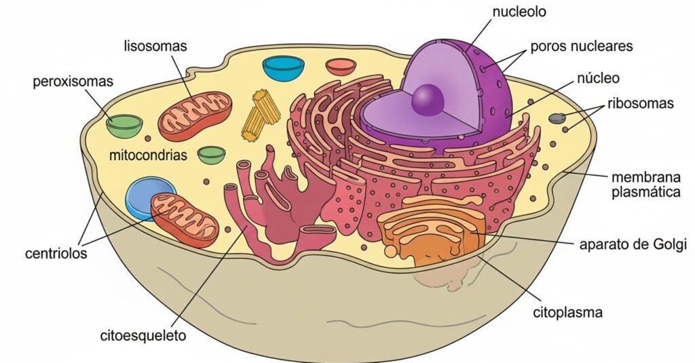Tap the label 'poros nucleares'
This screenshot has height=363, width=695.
581,47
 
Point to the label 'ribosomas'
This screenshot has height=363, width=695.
640,104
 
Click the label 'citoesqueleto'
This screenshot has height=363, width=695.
143,335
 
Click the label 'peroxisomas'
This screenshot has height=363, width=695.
73,82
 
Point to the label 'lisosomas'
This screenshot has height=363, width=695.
155,47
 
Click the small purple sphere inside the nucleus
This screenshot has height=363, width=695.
428,100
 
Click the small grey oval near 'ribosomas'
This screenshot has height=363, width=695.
557,118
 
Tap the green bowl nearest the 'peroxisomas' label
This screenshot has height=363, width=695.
126,125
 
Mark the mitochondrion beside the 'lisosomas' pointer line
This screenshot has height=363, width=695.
195,117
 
